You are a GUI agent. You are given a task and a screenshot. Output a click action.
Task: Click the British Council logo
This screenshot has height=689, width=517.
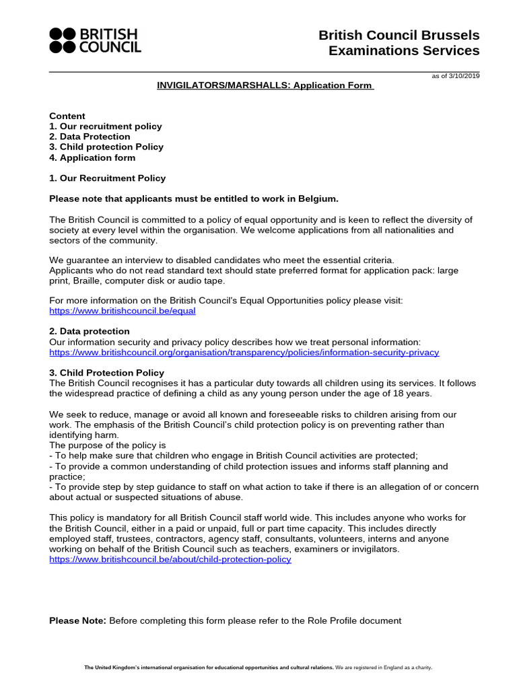tap(95, 40)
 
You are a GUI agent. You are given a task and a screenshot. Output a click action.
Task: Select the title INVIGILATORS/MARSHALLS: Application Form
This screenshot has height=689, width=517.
tap(265, 87)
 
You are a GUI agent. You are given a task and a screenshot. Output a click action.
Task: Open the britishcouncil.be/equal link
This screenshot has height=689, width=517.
tap(123, 311)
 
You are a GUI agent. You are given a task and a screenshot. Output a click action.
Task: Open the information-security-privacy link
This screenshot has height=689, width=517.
tap(244, 352)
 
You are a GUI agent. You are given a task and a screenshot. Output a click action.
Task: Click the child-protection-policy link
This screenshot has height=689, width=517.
tap(170, 559)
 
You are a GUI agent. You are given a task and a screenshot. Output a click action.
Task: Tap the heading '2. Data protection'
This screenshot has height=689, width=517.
tap(90, 331)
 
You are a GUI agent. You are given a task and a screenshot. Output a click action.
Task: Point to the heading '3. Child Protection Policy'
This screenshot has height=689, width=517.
tap(106, 372)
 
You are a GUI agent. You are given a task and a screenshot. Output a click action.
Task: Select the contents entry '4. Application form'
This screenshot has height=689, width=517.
tap(92, 157)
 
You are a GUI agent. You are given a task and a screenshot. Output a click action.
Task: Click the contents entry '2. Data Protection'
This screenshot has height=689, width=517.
tap(90, 137)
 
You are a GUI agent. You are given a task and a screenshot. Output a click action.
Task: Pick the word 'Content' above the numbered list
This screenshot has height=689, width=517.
tap(67, 116)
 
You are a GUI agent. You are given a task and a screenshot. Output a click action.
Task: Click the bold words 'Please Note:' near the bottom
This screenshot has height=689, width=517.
tap(77, 620)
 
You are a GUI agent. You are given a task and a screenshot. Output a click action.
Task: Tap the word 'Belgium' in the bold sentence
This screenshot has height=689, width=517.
tap(314, 198)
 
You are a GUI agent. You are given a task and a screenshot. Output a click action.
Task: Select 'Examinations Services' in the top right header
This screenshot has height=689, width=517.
tap(404, 50)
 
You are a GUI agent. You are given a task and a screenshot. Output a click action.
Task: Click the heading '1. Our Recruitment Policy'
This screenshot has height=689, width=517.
tap(107, 178)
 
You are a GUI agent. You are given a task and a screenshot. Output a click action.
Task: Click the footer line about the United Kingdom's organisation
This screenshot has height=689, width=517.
tap(258, 667)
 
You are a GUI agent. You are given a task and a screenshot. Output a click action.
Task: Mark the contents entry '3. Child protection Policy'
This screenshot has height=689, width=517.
tap(106, 147)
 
